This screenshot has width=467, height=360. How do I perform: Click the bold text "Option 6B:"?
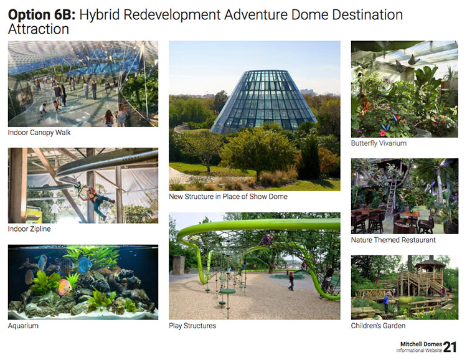click(x=42, y=14)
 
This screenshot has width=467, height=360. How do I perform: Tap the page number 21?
click(x=450, y=347)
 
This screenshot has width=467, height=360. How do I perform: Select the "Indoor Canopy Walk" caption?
click(x=39, y=133)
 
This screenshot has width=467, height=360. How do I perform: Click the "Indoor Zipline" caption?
click(x=29, y=229)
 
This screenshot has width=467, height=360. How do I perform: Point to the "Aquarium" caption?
click(x=23, y=326)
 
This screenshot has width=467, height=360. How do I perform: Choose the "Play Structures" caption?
click(x=192, y=326)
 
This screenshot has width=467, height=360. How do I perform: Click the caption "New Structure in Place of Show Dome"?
click(x=228, y=197)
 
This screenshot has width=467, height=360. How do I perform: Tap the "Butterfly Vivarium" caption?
click(x=379, y=143)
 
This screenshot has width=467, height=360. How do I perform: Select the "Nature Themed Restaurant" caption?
click(x=393, y=240)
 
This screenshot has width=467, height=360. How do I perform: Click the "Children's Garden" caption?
click(x=378, y=326)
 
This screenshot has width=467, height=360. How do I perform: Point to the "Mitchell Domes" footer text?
click(x=421, y=344)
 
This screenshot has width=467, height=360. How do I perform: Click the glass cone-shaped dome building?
click(x=263, y=102)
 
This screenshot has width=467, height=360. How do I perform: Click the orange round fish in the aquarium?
click(x=64, y=287)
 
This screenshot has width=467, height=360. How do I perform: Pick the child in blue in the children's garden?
click(x=386, y=302)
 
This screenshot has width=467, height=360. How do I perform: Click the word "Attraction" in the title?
click(x=39, y=29)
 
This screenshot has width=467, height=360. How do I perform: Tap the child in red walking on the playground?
click(x=291, y=282)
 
